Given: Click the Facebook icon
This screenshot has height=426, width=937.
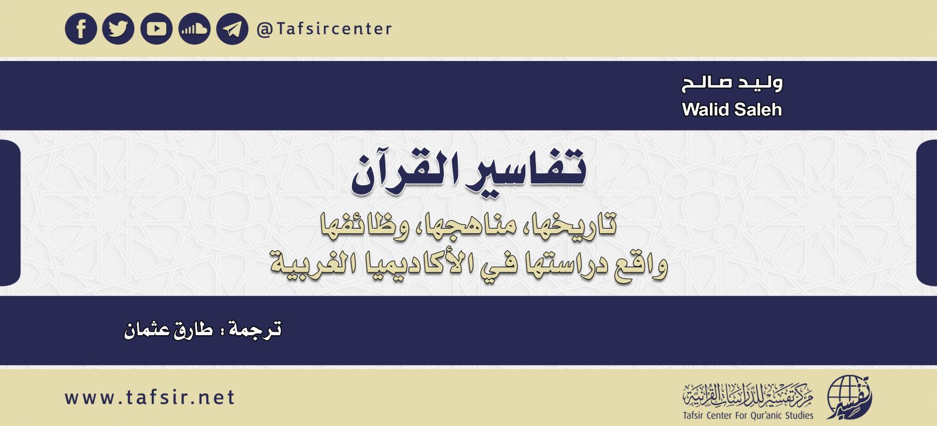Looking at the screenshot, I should [81, 29].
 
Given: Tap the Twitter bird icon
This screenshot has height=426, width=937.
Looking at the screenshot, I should [118, 29].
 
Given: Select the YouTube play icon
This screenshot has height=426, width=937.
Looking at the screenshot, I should [156, 29].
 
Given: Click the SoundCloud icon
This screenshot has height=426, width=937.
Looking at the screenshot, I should [194, 29].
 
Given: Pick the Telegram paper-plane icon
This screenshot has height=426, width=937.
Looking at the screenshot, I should [232, 29].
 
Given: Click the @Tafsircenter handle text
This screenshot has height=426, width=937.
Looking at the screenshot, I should [324, 29].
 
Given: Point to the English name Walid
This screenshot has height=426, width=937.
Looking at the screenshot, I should [705, 110].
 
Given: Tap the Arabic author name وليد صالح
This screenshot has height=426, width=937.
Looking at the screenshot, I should [732, 83].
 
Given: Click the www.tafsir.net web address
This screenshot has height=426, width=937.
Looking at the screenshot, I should [150, 397].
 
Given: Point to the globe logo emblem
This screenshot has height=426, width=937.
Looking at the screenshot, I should [848, 398].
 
